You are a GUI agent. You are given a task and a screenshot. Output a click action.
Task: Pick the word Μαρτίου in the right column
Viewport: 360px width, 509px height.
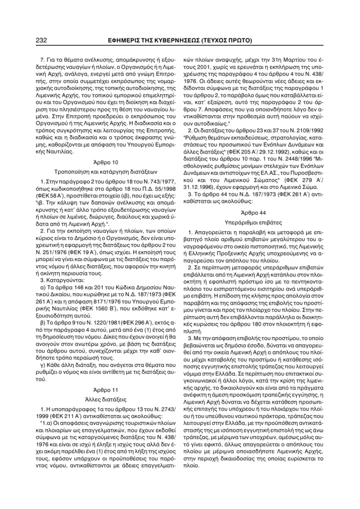[x=299, y=65]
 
